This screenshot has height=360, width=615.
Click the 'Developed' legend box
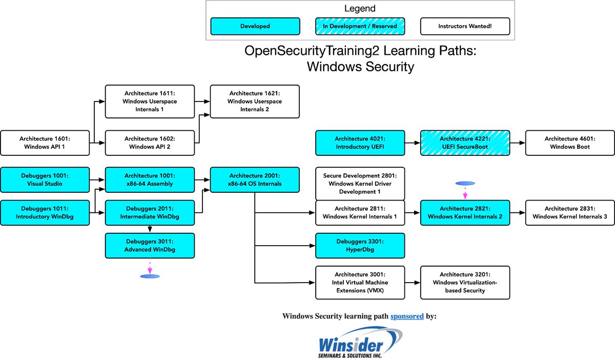coord(255,26)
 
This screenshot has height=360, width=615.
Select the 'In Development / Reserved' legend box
coord(360,26)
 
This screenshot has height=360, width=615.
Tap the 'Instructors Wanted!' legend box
coord(465,26)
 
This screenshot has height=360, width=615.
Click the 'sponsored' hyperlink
coord(407,316)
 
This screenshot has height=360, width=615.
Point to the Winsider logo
coord(360,343)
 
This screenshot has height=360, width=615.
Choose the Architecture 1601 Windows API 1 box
coord(45,143)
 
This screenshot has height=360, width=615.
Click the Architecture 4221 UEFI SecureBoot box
coord(465,143)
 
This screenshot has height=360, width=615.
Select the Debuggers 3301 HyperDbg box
coord(360,246)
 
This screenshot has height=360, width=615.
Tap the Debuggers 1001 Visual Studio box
coord(45,179)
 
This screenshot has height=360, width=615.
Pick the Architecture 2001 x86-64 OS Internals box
coord(255,179)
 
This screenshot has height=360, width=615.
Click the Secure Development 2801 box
coord(360,184)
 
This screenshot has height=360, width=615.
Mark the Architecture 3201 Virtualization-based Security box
coord(465,283)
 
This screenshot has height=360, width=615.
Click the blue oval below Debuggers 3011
coord(150,276)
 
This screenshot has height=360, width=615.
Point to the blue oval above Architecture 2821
coord(465,183)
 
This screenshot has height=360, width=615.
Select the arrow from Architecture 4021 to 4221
coord(413,143)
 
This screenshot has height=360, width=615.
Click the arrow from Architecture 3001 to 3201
coord(413,283)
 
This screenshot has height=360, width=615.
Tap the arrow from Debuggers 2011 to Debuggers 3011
coord(150,229)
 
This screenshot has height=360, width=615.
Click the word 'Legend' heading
coord(360,9)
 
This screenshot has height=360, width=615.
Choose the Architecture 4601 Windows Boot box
coord(570,143)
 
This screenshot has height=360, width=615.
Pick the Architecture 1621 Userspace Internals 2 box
coord(255,102)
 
